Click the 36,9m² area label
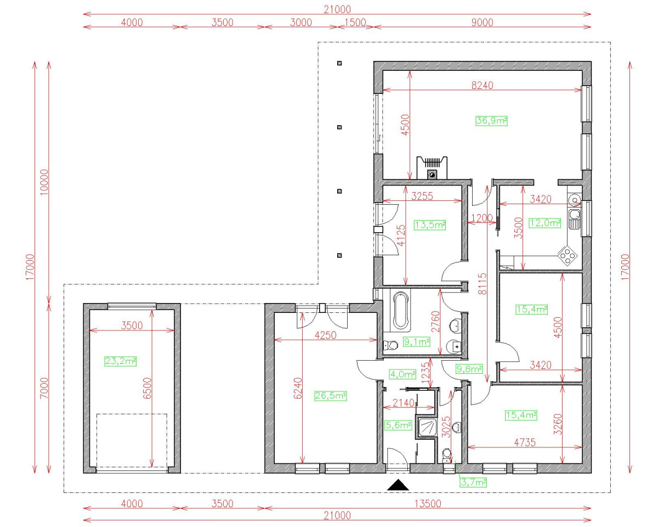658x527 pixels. [491, 121]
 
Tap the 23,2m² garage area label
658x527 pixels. [120, 361]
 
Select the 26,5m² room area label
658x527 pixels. [330, 395]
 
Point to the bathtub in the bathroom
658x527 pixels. [399, 310]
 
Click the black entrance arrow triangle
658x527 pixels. [399, 485]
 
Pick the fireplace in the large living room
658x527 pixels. [432, 167]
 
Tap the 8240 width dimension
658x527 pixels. [483, 85]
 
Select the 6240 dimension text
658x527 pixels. [297, 390]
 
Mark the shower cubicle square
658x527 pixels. [427, 428]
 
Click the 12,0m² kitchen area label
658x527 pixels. [544, 223]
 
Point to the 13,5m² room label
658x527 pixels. [429, 225]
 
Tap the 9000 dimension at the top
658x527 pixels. [482, 23]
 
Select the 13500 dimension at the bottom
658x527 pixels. [428, 503]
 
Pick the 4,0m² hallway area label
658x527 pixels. [402, 374]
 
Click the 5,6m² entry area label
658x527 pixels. [398, 424]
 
